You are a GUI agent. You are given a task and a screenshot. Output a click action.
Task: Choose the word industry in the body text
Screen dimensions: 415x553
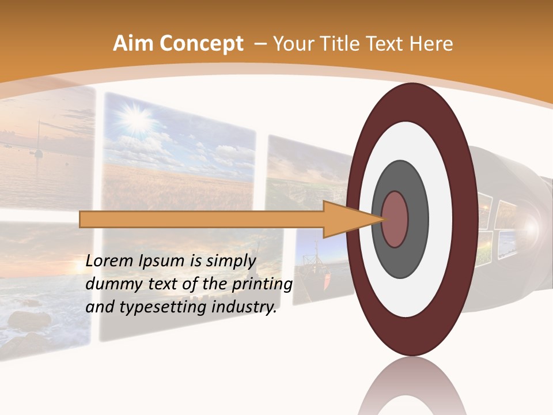244,307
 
